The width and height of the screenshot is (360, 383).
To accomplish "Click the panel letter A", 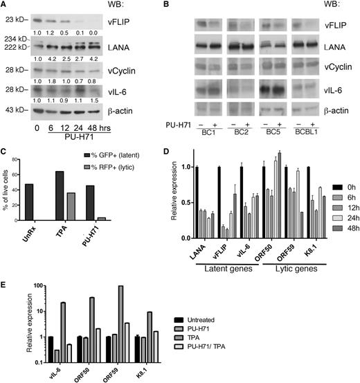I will [5, 6].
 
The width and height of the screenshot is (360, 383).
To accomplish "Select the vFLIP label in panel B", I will [334, 25].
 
